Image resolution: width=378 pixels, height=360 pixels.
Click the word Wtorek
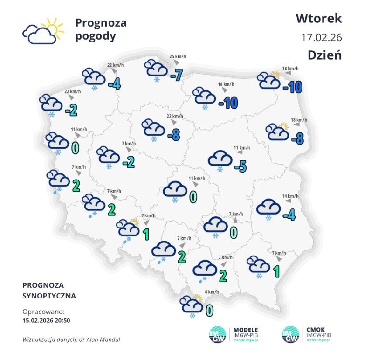point(318,18)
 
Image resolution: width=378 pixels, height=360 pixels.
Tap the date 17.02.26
point(322,37)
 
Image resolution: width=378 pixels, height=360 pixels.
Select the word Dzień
point(324,55)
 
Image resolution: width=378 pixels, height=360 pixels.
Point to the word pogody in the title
point(95,36)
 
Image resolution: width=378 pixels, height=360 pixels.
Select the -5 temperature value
point(240,166)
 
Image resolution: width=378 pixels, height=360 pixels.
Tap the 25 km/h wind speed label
point(178,57)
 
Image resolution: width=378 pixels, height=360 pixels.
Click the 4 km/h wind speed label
point(211,292)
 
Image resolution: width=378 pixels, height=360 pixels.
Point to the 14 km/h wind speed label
point(290,196)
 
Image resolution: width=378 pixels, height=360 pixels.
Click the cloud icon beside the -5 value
point(220,159)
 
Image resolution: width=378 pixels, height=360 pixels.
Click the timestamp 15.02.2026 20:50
point(46,320)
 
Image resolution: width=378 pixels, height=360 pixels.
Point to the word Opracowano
point(43,311)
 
